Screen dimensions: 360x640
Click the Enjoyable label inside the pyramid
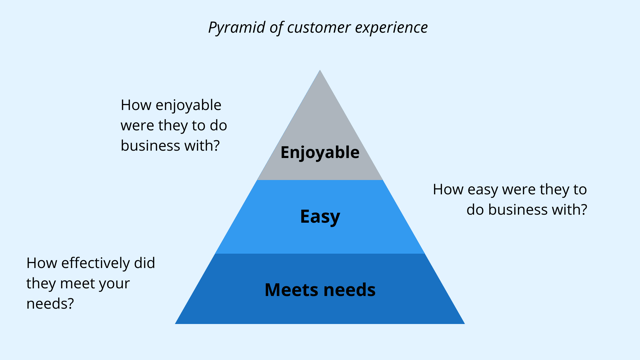point(320,153)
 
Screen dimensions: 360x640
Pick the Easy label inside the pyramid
point(320,216)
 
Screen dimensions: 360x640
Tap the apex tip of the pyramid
point(320,71)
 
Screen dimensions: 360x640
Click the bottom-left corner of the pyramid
point(177,323)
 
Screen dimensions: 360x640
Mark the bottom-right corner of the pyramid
point(463,323)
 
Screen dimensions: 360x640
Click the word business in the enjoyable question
point(153,144)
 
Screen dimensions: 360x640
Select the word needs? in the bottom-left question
point(49,303)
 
